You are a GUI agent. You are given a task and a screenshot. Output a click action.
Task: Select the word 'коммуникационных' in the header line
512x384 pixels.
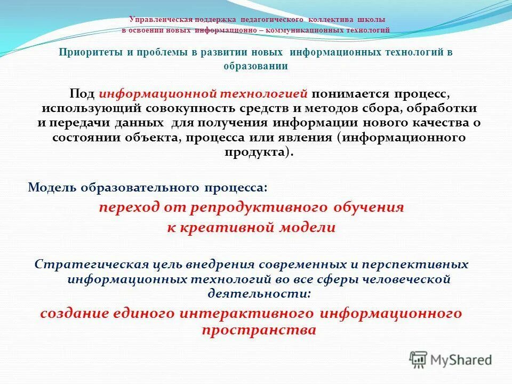coord(309,30)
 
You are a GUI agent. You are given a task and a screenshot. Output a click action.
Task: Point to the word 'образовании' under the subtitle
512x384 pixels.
coord(255,66)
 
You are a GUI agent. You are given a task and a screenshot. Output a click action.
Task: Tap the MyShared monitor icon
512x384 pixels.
coord(419,359)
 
